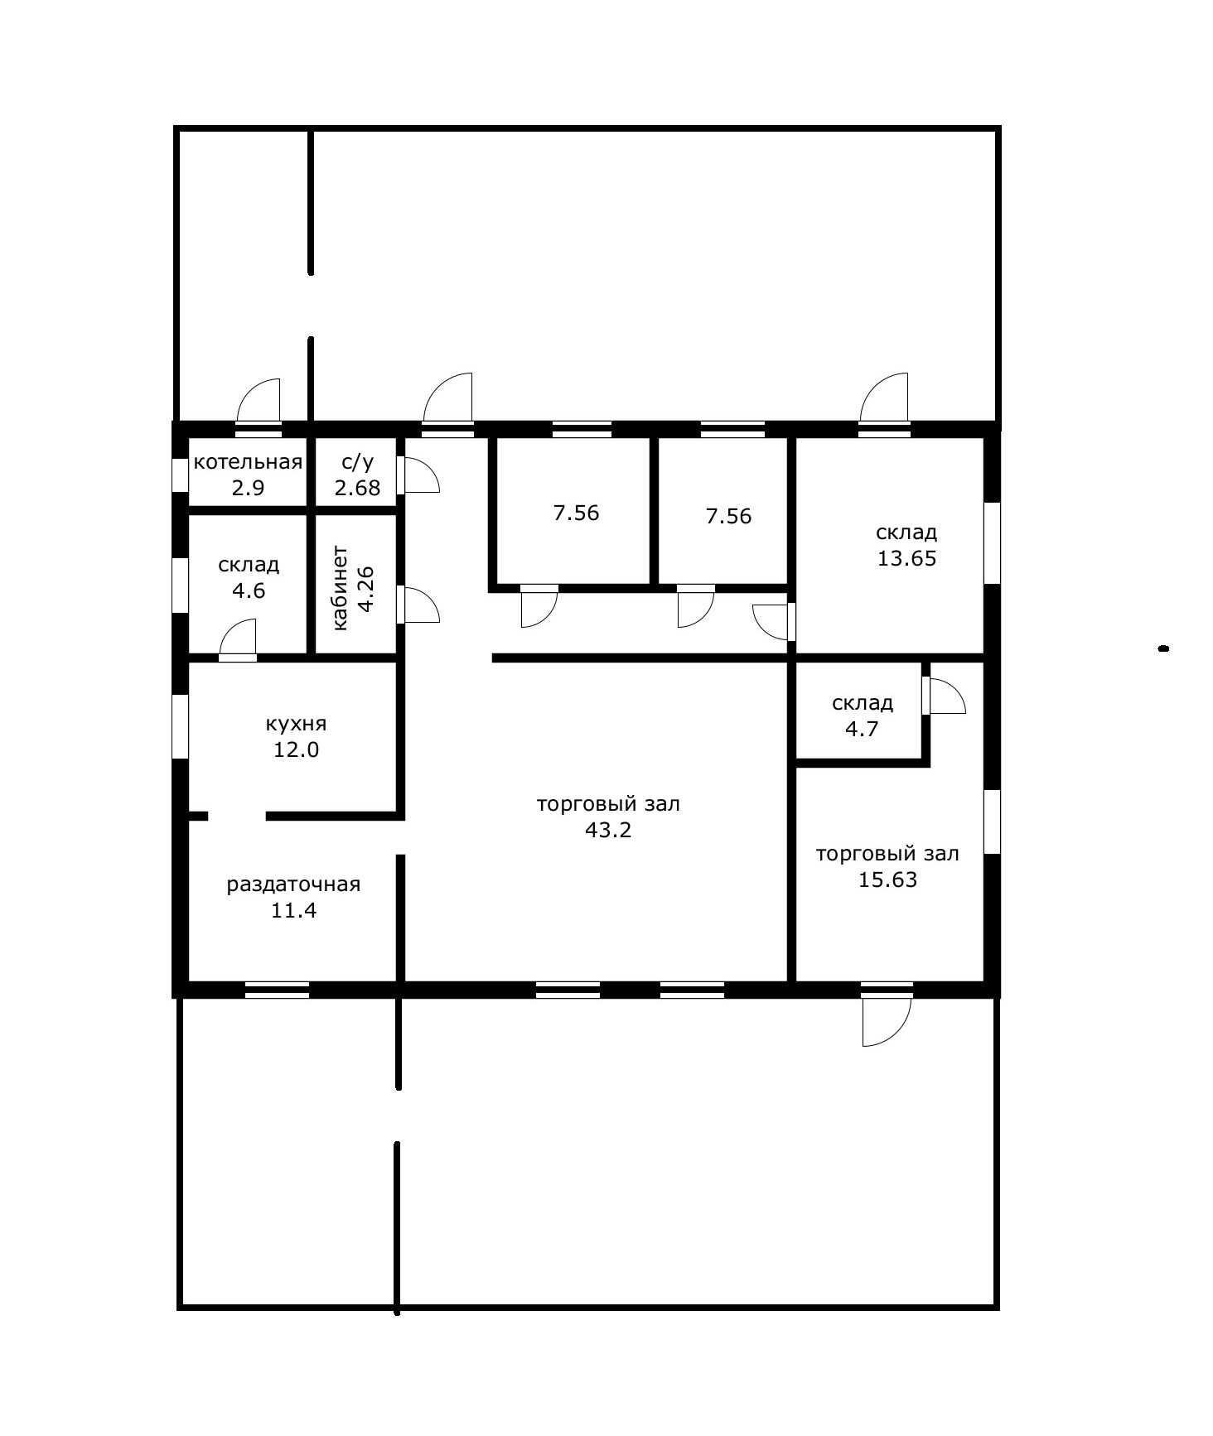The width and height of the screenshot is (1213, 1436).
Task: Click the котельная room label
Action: tap(248, 462)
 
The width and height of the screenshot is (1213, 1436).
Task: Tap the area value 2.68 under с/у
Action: tap(357, 488)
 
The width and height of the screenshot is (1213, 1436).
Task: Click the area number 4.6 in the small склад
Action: tap(249, 591)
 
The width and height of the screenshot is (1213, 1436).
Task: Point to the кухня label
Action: tap(296, 724)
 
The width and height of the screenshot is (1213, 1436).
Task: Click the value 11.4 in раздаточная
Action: tap(294, 911)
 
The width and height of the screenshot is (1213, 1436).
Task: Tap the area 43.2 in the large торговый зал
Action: tap(608, 830)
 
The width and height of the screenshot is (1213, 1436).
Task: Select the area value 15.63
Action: tap(887, 879)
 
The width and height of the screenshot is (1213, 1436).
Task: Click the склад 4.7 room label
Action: tap(863, 703)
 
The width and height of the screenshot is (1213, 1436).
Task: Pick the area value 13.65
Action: tap(906, 558)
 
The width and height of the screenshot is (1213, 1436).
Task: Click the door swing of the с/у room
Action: tap(420, 475)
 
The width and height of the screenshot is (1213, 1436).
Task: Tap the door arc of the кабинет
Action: tap(420, 605)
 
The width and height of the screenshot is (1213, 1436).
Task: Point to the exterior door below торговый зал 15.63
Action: tap(886, 1019)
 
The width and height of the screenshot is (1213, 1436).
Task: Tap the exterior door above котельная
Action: tap(259, 403)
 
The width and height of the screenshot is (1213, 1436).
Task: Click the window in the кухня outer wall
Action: tap(180, 726)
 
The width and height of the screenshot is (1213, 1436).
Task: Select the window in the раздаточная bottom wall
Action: tap(278, 990)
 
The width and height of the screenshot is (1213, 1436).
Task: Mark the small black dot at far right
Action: tap(1163, 649)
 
